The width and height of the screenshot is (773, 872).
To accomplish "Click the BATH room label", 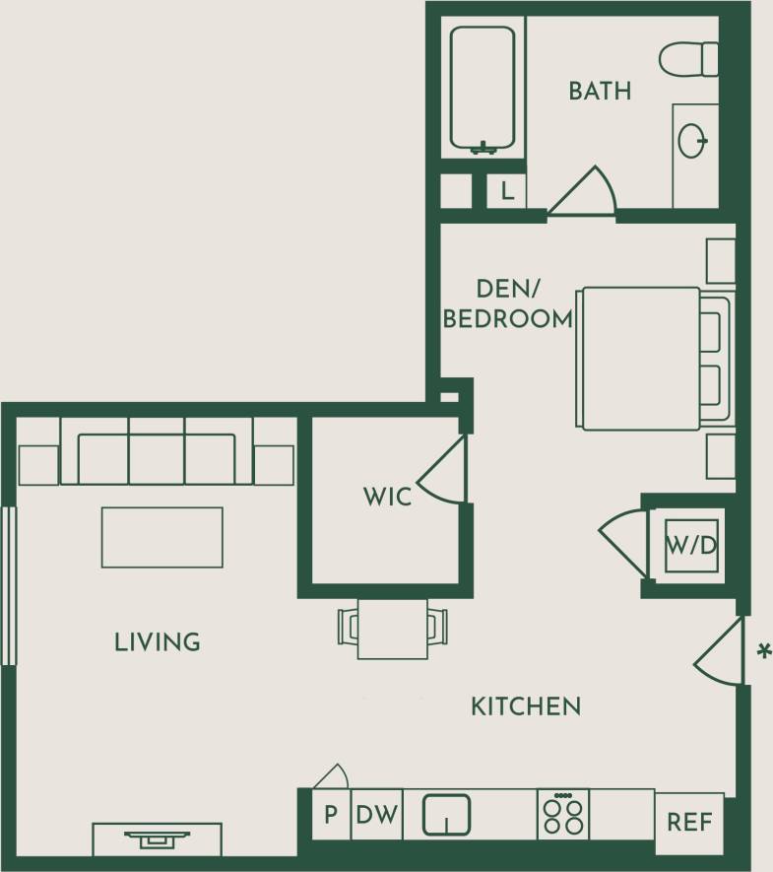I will coord(600,92).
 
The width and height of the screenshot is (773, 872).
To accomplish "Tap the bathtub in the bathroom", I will coord(483,89).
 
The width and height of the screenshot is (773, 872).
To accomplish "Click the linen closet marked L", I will coord(507,191).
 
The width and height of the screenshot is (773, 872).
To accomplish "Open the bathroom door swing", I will coord(587,192).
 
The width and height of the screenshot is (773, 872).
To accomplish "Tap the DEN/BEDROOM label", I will coord(507,303).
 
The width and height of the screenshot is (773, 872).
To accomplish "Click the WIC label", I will coord(387,497).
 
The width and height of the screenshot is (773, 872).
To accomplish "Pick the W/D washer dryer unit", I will coord(691,545).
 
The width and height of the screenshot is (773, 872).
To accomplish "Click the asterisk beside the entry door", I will coord(762,651).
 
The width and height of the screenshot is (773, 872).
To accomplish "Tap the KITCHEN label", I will coord(525,706).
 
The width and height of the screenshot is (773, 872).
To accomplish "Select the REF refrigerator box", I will coord(689,822).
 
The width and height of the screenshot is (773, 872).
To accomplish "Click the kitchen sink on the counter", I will coord(446,815).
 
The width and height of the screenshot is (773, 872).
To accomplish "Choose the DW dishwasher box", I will coord(376,816).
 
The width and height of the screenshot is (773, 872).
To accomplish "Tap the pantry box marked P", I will coord(330,816).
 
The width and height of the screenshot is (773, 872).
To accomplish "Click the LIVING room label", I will coord(158,642).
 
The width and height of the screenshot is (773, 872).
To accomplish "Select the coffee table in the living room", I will coord(162,537).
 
